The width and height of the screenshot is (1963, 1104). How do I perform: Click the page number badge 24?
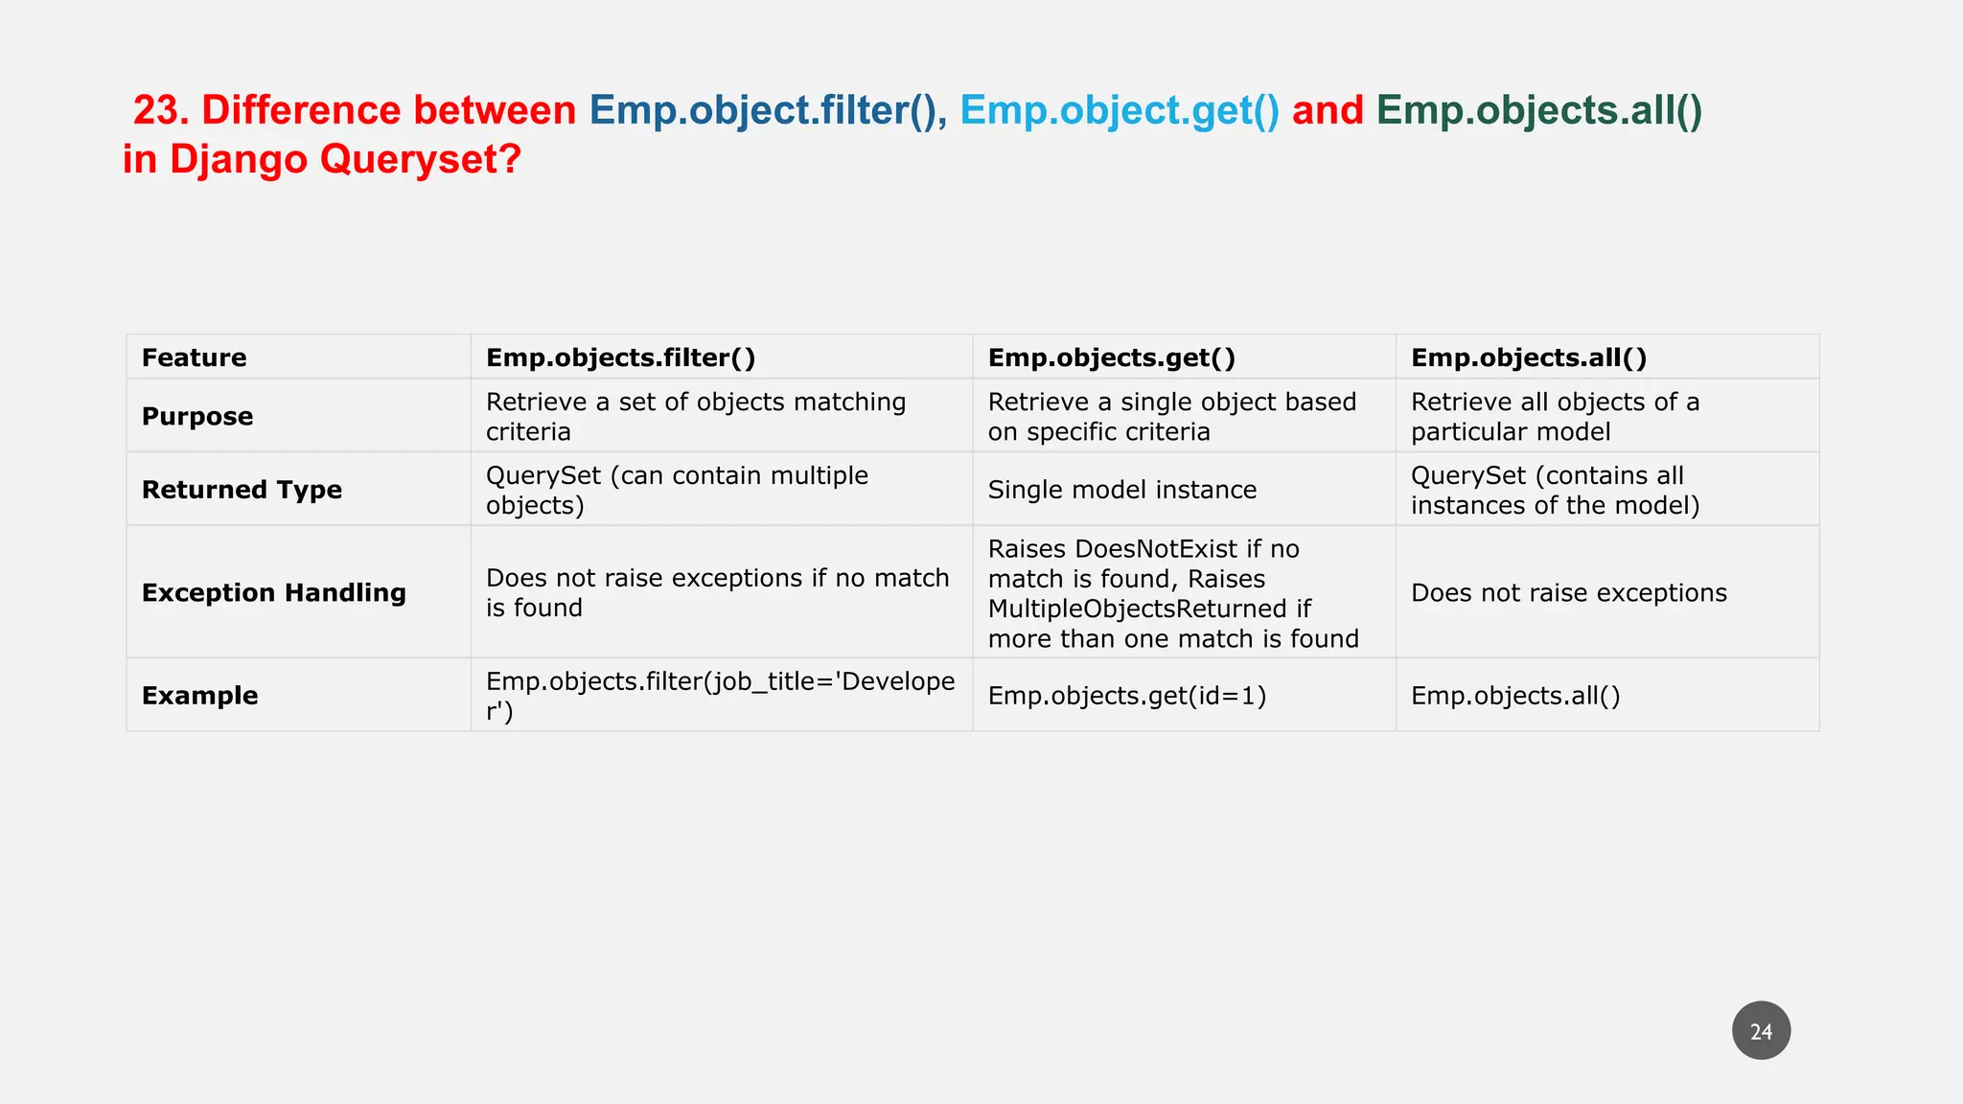click(1761, 1031)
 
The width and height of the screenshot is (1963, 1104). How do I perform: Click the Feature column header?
click(195, 357)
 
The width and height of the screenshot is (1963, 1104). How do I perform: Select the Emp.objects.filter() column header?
click(620, 357)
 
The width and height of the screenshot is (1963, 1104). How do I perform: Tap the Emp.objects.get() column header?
click(1111, 357)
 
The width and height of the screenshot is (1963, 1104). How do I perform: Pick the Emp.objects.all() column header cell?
click(1528, 357)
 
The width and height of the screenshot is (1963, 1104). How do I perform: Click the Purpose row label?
click(197, 416)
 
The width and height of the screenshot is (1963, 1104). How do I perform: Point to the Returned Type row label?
click(242, 490)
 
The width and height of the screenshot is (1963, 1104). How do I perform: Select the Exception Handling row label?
click(274, 592)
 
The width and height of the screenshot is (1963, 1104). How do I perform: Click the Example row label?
click(200, 696)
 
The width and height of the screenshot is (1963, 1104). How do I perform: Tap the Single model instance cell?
click(1121, 490)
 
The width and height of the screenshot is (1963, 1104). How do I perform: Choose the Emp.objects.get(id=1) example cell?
click(1126, 696)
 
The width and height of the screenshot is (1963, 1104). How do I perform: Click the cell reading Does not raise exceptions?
click(1568, 593)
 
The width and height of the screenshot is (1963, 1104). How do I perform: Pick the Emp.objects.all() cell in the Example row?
click(1514, 696)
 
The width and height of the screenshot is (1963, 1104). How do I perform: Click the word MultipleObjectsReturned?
click(1137, 609)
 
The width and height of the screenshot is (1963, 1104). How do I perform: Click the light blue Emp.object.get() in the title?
click(1119, 111)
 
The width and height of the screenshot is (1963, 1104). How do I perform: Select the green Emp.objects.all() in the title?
click(1538, 111)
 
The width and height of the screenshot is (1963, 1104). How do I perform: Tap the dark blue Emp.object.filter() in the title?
click(762, 111)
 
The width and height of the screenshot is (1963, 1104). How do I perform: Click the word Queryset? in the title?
click(420, 159)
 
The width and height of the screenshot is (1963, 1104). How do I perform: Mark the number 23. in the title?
click(161, 111)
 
